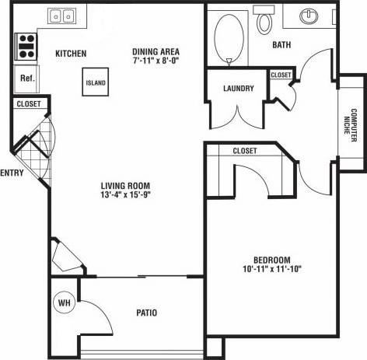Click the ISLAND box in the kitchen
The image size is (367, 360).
tap(96, 82)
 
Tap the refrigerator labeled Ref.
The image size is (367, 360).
tap(26, 78)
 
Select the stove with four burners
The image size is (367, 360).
tap(26, 47)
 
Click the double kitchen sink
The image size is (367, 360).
tap(61, 16)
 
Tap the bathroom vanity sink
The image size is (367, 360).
tap(309, 16)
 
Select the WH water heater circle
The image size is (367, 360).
tap(64, 302)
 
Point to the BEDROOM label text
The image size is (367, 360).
tap(271, 260)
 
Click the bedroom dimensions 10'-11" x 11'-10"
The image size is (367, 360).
tap(271, 269)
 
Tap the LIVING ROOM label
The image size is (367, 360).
tap(125, 185)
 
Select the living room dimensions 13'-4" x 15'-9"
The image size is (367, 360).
tap(125, 194)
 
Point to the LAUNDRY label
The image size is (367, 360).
tap(238, 89)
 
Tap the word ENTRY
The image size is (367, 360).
tap(12, 173)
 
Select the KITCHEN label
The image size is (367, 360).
tap(70, 54)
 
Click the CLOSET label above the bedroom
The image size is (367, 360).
tap(245, 151)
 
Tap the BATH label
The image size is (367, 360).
tap(281, 45)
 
